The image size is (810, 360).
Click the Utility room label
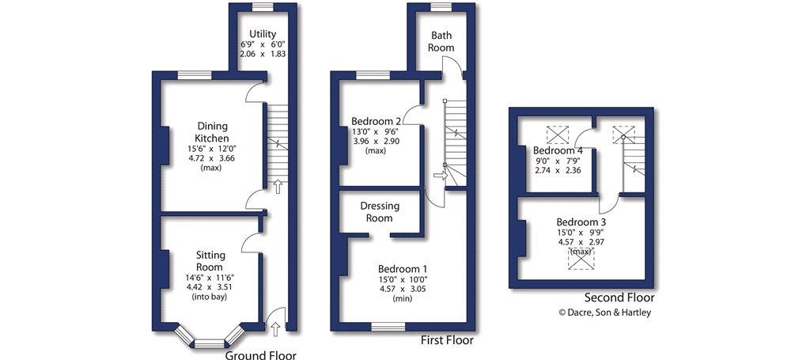(x=263, y=34)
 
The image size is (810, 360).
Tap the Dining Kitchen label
(x=212, y=132)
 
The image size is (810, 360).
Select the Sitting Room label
(x=210, y=261)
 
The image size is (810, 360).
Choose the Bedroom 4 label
(x=558, y=151)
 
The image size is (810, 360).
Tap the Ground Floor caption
(x=261, y=355)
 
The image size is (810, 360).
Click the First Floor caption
(x=448, y=340)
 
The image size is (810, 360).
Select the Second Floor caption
(x=619, y=297)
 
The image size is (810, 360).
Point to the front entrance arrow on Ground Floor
(x=274, y=327)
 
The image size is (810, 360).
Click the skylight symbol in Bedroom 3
(x=581, y=258)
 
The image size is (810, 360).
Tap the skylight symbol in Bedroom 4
(x=558, y=135)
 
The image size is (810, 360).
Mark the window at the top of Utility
(x=263, y=6)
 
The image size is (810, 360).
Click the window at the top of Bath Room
(x=441, y=6)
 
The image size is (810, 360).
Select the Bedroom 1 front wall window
(x=388, y=327)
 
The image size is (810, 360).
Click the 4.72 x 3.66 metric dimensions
(x=211, y=158)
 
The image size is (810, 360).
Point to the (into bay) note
(x=210, y=297)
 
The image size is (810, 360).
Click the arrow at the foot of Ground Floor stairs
(x=278, y=186)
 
